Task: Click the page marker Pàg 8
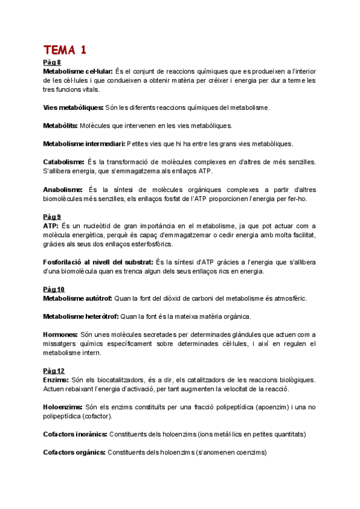(52, 62)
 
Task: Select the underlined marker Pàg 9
(52, 217)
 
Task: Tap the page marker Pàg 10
(53, 289)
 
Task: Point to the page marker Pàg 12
(53, 370)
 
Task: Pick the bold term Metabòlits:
(61, 125)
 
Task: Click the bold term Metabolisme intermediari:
(85, 144)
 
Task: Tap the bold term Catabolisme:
(64, 162)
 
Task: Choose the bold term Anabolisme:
(62, 189)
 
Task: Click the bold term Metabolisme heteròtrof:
(81, 316)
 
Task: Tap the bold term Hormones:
(61, 334)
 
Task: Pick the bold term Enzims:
(55, 380)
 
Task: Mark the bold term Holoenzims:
(62, 406)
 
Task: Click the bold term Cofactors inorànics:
(75, 434)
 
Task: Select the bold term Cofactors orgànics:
(74, 452)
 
